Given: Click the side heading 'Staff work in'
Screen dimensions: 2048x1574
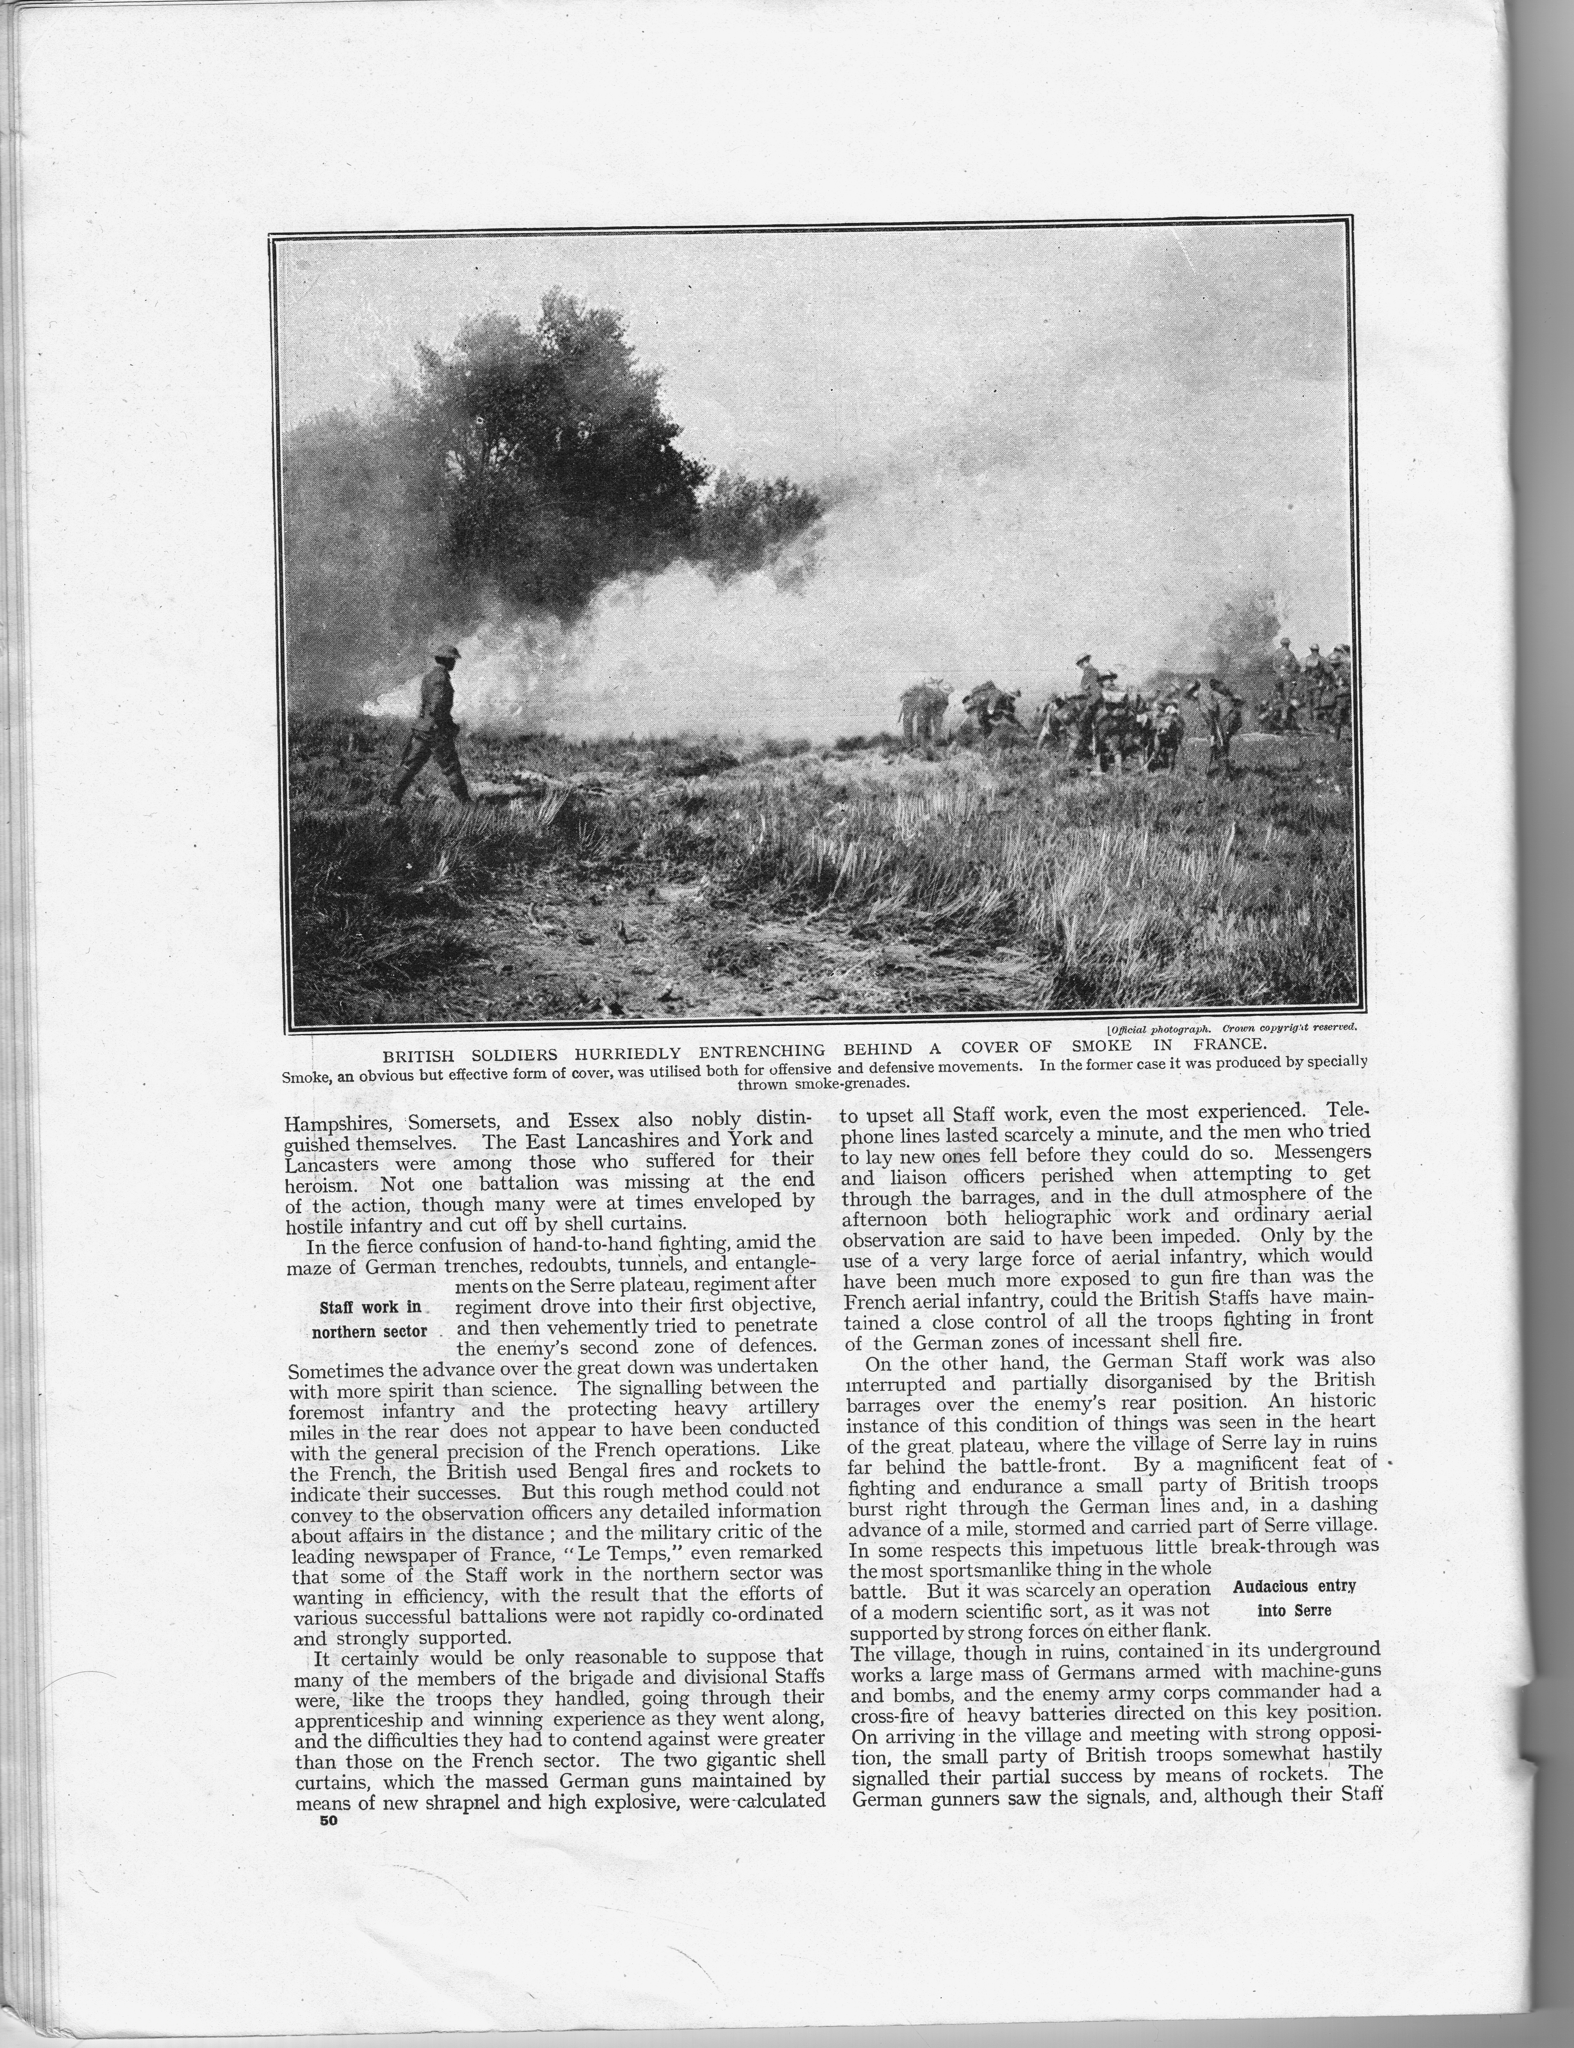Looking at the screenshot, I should point(371,1307).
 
